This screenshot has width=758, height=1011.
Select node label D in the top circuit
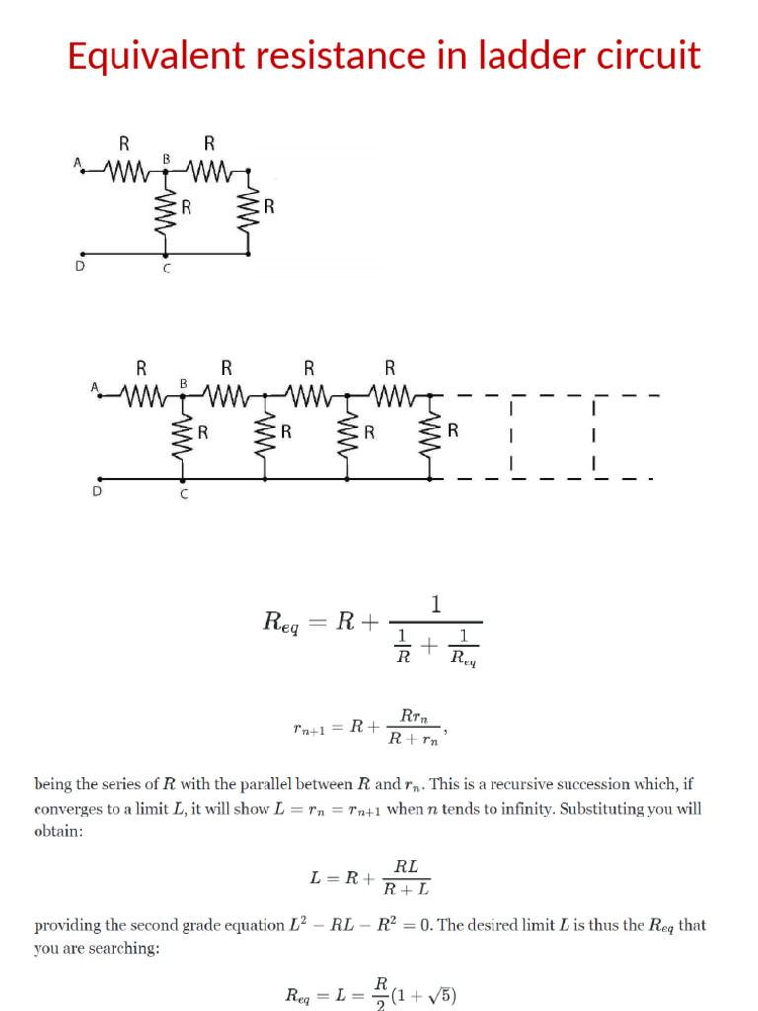pyautogui.click(x=81, y=266)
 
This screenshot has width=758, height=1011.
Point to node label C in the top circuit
pyautogui.click(x=166, y=272)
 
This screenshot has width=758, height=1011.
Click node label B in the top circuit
pyautogui.click(x=166, y=159)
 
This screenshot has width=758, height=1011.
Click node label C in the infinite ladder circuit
pyautogui.click(x=183, y=494)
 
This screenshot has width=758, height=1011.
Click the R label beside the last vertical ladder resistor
pyautogui.click(x=453, y=430)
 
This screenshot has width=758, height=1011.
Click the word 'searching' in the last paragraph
pyautogui.click(x=123, y=949)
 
